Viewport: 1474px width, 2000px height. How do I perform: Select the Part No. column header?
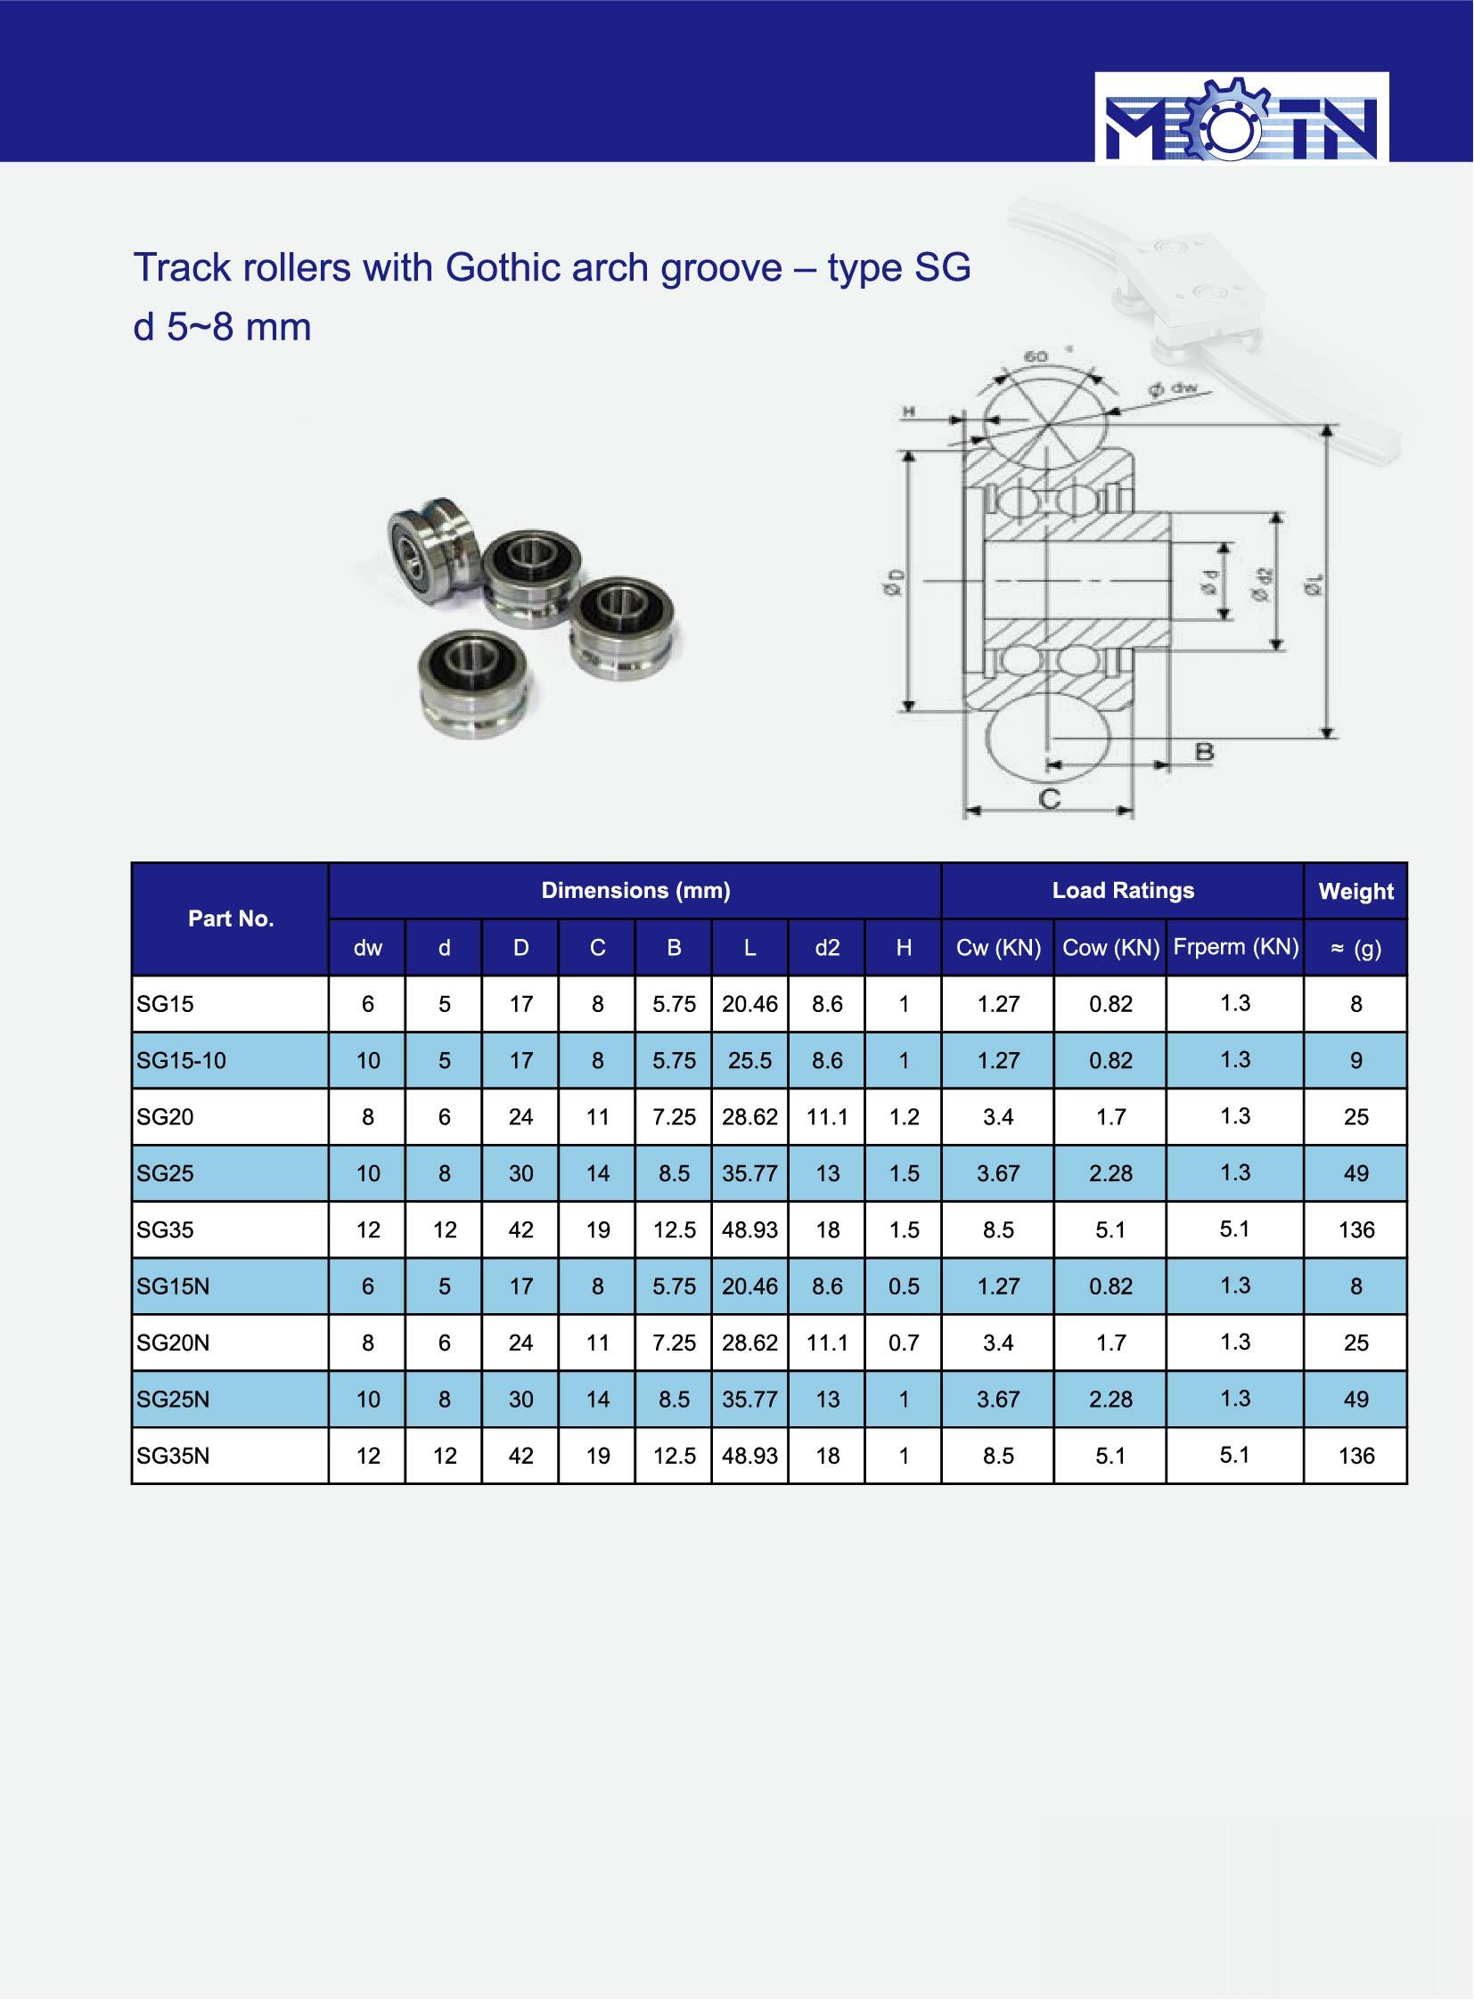pos(230,918)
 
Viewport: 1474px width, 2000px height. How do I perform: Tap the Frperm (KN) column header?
pos(1236,946)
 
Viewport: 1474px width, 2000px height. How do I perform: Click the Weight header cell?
pos(1355,891)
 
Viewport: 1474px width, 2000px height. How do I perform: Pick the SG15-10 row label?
pos(181,1061)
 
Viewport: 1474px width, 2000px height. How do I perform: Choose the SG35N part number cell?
pos(173,1456)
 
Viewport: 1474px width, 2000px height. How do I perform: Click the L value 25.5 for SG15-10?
pos(749,1061)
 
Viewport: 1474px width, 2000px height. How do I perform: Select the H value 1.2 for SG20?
pos(904,1117)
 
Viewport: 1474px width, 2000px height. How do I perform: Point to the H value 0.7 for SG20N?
pos(904,1343)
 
